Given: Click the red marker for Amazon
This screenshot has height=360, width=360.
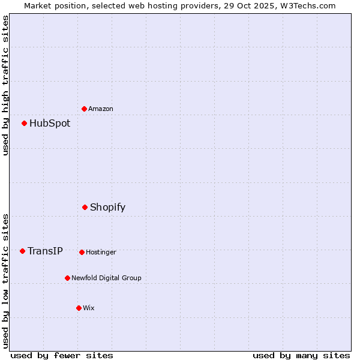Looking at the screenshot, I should click(x=84, y=109).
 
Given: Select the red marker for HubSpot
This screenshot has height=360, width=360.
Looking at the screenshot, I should click(x=24, y=124).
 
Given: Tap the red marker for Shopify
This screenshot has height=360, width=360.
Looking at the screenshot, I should click(x=85, y=208).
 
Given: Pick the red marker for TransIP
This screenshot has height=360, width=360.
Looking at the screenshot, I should click(x=22, y=251).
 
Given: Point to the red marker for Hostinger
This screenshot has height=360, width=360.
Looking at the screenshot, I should click(x=82, y=252).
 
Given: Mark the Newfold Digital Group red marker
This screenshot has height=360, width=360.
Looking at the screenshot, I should click(x=67, y=278).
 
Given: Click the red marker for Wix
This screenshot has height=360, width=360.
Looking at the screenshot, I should click(x=79, y=308).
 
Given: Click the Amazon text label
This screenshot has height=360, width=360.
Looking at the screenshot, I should click(x=101, y=109).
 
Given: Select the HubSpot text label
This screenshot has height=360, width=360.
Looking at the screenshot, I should click(x=50, y=124).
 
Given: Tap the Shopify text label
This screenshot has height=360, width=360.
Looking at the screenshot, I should click(x=107, y=208).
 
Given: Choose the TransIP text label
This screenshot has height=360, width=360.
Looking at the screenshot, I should click(x=45, y=251).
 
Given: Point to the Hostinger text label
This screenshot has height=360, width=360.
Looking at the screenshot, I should click(x=101, y=252).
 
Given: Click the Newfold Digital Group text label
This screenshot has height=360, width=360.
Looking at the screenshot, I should click(x=106, y=278).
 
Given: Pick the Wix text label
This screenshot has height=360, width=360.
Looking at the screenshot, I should click(x=89, y=308).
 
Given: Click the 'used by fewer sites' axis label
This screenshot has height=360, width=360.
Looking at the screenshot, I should click(x=62, y=355).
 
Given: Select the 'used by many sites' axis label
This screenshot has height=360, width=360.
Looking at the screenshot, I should click(x=301, y=355).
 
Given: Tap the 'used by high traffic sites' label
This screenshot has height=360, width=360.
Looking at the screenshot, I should click(x=5, y=85).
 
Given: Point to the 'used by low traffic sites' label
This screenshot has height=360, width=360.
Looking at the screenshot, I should click(x=5, y=281).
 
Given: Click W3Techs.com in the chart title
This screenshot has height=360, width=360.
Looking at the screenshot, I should click(x=310, y=5).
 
